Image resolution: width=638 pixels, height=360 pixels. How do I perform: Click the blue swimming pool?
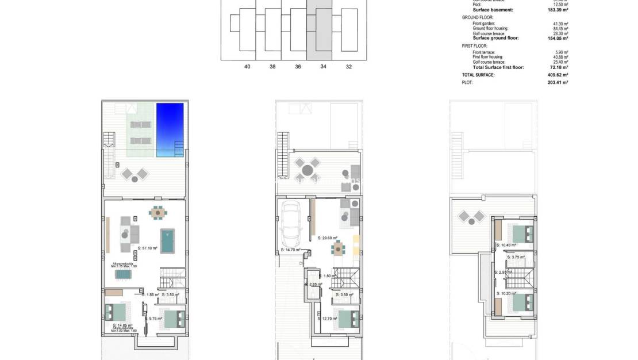(170, 129)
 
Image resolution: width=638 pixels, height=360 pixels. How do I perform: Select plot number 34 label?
(323, 67)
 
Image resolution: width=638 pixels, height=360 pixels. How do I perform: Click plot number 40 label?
(247, 67)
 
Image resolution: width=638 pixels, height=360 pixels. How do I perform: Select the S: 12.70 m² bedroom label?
(327, 318)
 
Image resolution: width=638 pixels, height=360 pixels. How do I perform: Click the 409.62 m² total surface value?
(557, 75)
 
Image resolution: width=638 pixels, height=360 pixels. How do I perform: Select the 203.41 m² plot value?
(557, 82)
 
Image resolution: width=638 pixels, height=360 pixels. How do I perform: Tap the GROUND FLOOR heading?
(474, 17)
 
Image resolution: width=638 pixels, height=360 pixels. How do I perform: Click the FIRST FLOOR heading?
(475, 45)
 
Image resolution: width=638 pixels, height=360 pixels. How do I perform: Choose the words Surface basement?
(493, 10)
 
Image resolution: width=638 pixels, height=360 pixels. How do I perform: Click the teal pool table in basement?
(168, 242)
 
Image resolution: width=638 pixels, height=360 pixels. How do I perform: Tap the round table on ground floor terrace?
(308, 170)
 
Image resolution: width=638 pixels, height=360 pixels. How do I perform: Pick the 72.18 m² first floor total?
(558, 67)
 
